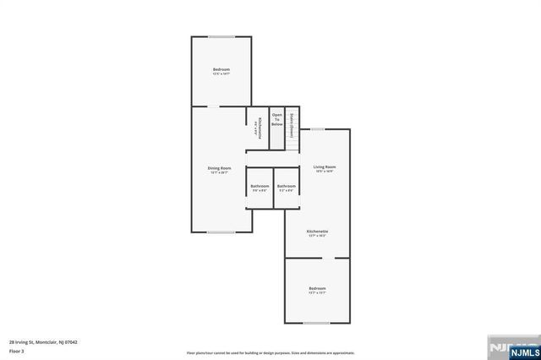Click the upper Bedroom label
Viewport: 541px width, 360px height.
click(x=221, y=69)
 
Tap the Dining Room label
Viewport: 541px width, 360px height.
click(x=221, y=168)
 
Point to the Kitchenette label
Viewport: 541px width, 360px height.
click(x=317, y=231)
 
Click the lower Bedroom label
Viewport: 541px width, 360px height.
click(x=317, y=288)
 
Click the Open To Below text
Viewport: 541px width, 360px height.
click(x=277, y=119)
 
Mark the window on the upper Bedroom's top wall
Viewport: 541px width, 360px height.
click(x=221, y=36)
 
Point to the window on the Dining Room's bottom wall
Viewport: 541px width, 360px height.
click(x=221, y=232)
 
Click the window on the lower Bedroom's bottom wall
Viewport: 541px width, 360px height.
click(x=316, y=323)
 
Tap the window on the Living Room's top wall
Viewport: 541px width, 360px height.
click(x=316, y=129)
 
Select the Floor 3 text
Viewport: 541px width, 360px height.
click(x=17, y=350)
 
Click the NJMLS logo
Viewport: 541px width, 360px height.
click(x=512, y=348)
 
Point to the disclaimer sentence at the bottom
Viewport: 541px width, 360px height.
click(x=270, y=352)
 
